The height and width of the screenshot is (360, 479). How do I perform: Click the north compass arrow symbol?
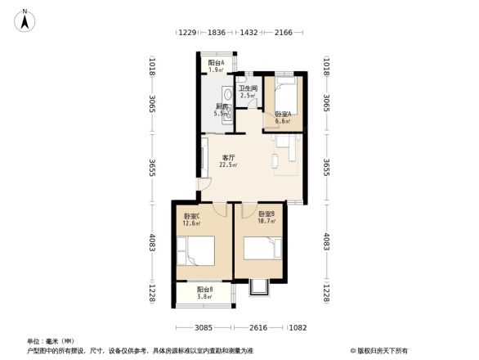point(25,19)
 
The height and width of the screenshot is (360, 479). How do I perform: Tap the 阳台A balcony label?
point(216,63)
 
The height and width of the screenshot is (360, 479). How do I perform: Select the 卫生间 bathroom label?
point(248,88)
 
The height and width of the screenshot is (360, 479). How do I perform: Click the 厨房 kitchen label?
point(222,106)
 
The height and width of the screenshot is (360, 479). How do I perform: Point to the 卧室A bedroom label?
point(282,114)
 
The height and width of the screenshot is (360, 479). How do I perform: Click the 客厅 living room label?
point(229,157)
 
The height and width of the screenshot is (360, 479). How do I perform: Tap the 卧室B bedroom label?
point(266,214)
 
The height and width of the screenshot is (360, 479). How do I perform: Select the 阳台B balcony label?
point(205,290)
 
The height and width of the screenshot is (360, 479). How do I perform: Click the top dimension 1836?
point(217,33)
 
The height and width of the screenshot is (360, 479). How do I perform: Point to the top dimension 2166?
point(284,33)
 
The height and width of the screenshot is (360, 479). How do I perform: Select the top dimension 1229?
point(187,33)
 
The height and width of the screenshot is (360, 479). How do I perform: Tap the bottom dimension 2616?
point(259,327)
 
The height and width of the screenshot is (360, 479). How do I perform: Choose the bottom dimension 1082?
point(297,327)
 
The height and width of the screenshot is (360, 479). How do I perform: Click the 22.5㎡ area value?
point(229,165)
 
